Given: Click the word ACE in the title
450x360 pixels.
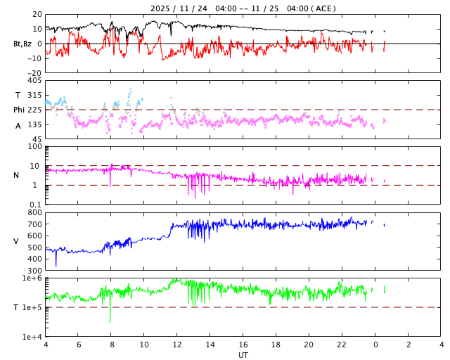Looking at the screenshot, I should (x=323, y=8).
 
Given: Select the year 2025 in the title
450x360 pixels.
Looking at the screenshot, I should (x=161, y=8).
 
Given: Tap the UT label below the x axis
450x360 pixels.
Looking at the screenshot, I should (x=243, y=355).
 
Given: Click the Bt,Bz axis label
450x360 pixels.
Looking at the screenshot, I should (x=23, y=44).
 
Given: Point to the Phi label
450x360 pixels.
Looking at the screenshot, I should (x=19, y=110).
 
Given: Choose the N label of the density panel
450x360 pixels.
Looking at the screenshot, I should (x=17, y=175).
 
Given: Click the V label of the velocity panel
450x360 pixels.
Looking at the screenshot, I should (x=16, y=241).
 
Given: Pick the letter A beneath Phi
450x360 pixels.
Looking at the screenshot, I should (x=18, y=126).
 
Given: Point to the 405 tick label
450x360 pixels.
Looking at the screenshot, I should (x=34, y=81).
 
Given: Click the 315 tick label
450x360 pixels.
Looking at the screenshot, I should (x=34, y=95).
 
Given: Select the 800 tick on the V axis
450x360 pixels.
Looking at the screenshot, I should (x=34, y=212).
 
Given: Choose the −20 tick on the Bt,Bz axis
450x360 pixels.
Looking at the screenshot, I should (x=33, y=72).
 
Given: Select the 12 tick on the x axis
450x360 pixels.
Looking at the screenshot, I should (x=177, y=345).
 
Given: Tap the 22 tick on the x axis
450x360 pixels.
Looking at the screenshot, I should (x=342, y=345).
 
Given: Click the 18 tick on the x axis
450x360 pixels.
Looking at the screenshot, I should (x=276, y=345).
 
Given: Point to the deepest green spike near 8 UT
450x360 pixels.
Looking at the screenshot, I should (x=110, y=321).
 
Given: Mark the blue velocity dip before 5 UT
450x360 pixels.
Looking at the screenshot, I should (x=56, y=265).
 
